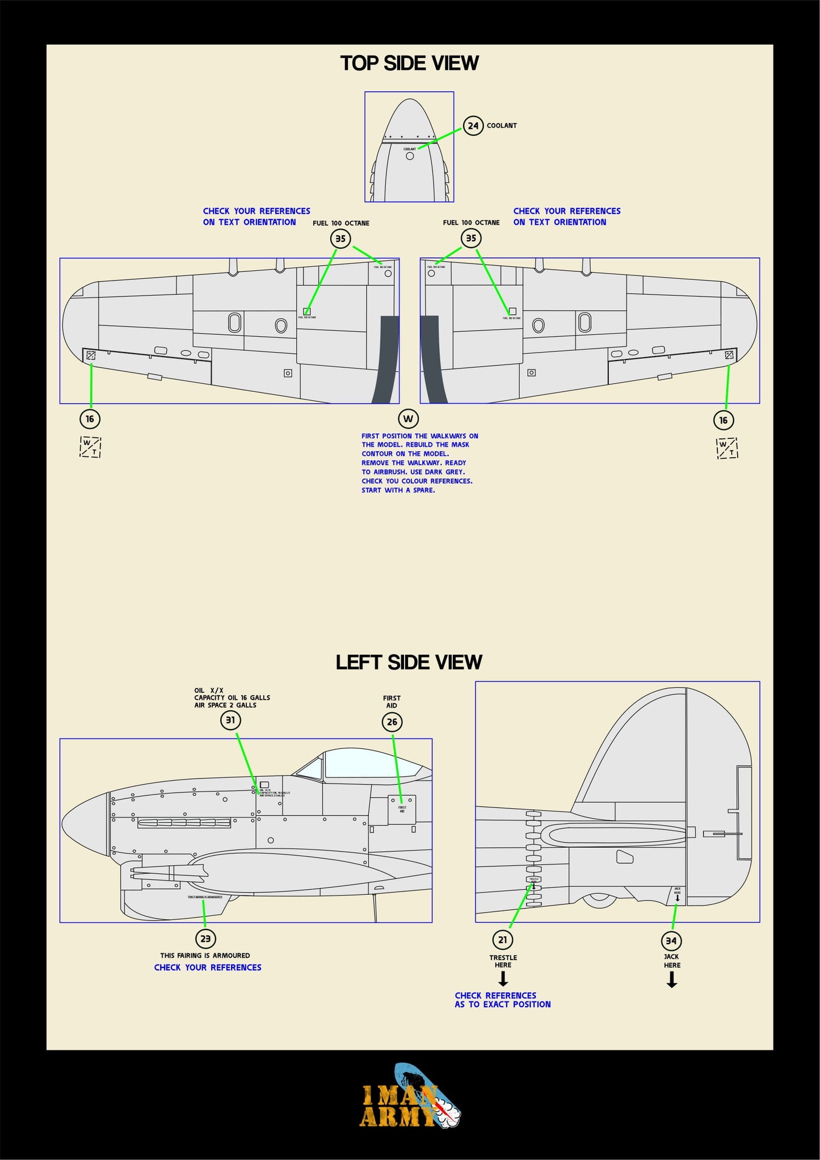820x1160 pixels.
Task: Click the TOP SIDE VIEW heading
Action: pyautogui.click(x=409, y=63)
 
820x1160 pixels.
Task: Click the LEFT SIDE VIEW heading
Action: pyautogui.click(x=409, y=662)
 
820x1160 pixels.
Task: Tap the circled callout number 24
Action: pyautogui.click(x=473, y=125)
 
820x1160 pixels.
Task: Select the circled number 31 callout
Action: pyautogui.click(x=230, y=720)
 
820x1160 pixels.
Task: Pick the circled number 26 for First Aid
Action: pyautogui.click(x=392, y=722)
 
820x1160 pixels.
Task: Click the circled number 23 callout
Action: pyautogui.click(x=205, y=939)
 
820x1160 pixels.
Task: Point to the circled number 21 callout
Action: pyautogui.click(x=503, y=940)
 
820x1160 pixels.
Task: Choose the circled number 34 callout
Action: pyautogui.click(x=671, y=941)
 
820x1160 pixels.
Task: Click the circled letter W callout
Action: pyautogui.click(x=408, y=419)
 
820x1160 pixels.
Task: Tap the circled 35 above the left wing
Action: pyautogui.click(x=340, y=238)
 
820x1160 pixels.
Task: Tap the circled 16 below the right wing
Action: pyautogui.click(x=723, y=420)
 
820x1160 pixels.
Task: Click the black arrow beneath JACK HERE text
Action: pyautogui.click(x=671, y=979)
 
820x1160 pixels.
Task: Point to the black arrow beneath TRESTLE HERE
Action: pyautogui.click(x=503, y=979)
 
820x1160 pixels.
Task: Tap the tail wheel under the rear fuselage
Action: pyautogui.click(x=600, y=899)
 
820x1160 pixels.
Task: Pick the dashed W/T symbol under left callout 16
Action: pyautogui.click(x=90, y=447)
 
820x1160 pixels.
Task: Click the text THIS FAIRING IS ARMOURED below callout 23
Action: pyautogui.click(x=205, y=956)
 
